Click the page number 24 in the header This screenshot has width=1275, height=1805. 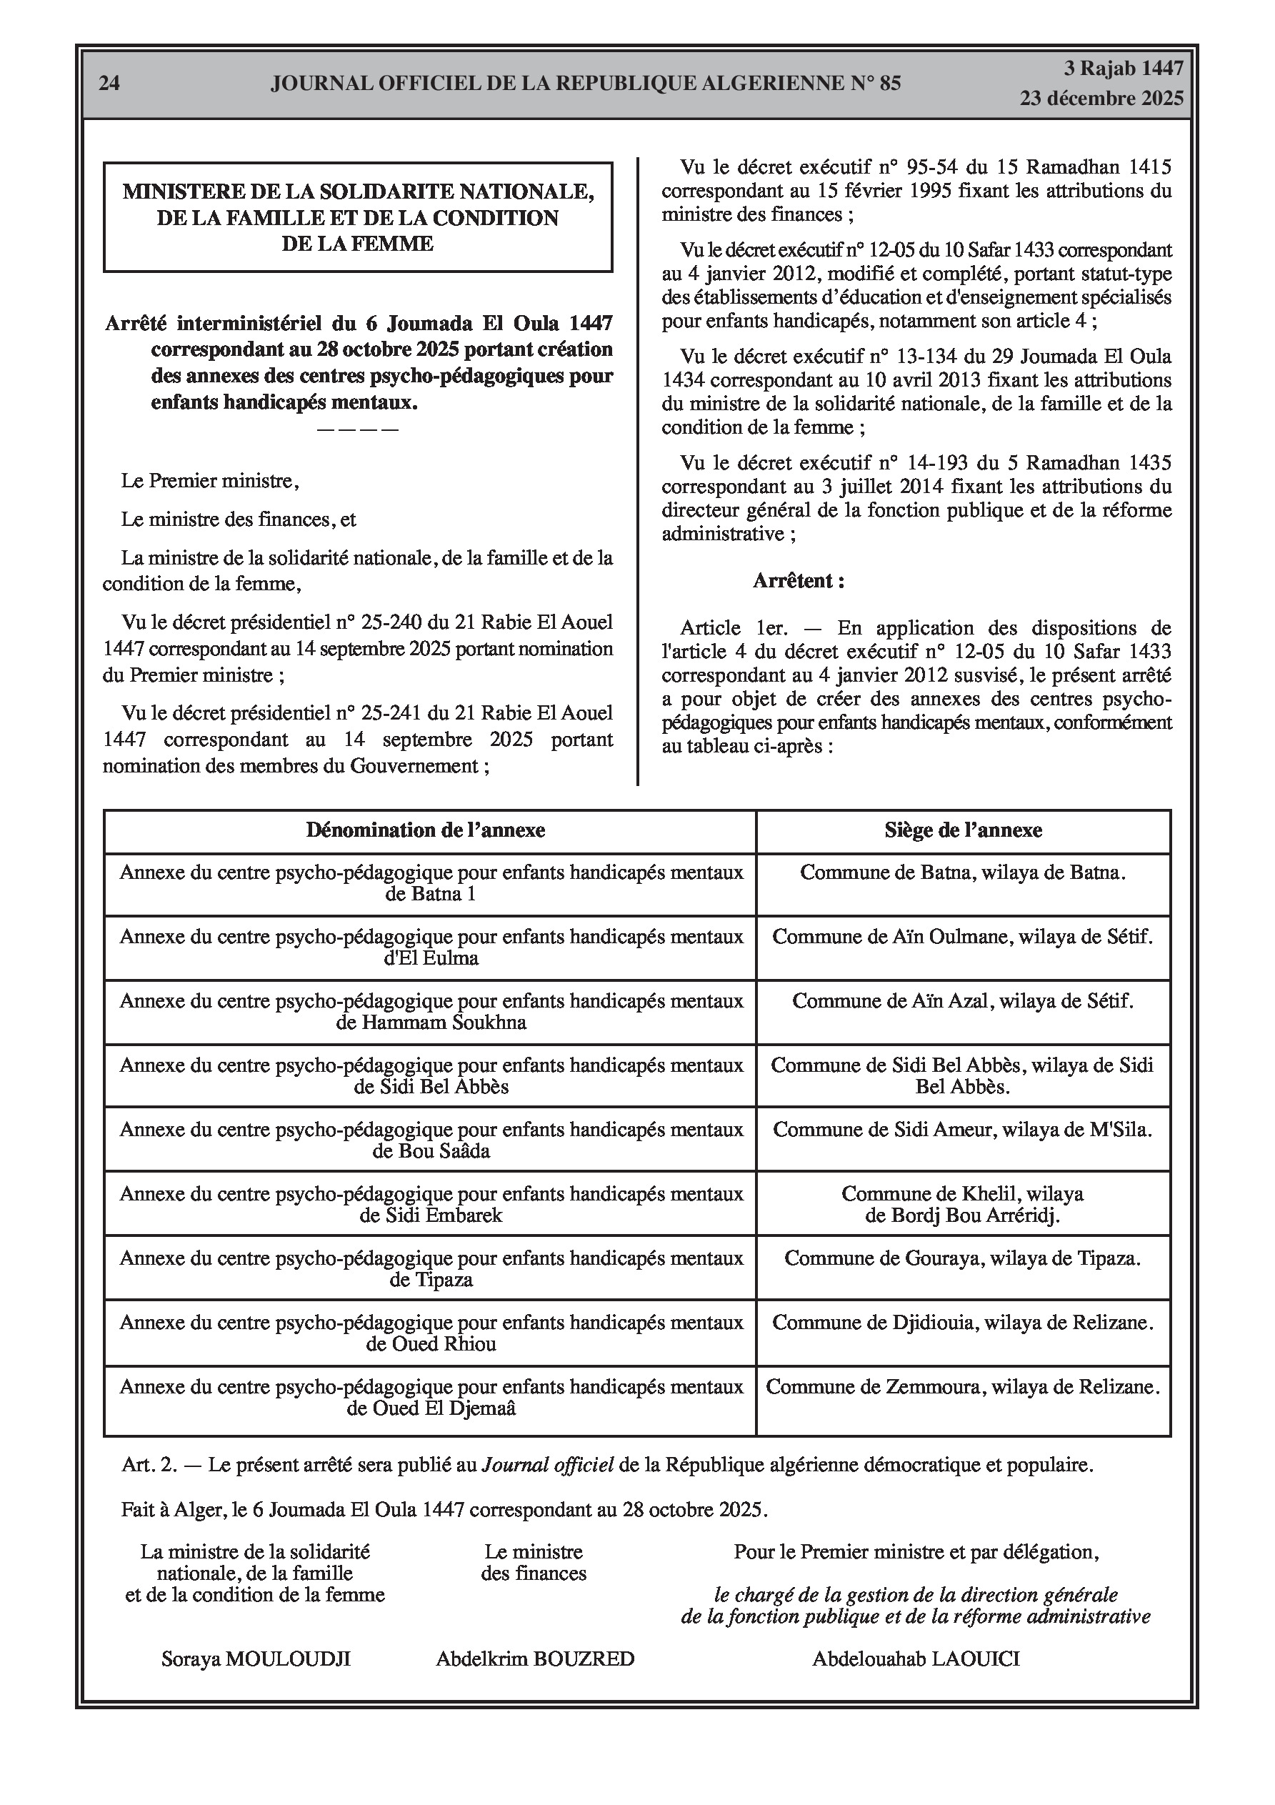tap(109, 84)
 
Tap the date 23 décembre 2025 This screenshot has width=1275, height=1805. tap(1101, 99)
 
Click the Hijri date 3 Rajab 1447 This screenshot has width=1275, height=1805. tap(1124, 69)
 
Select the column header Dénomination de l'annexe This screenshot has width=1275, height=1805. tap(425, 830)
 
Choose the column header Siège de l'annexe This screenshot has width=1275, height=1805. tap(963, 830)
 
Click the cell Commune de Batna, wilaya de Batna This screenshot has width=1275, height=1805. tap(963, 872)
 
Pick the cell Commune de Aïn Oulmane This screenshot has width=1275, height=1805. tap(963, 936)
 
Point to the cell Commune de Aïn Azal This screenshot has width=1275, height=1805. tap(963, 1001)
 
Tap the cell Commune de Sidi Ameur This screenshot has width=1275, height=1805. tap(963, 1130)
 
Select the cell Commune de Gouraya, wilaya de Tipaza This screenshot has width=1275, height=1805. tap(963, 1258)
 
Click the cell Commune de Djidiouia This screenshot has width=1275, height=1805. tap(963, 1323)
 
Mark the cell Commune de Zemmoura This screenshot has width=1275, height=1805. tap(963, 1388)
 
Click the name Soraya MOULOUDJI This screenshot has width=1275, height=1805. tap(256, 1659)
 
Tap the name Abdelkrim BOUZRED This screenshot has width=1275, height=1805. tap(534, 1659)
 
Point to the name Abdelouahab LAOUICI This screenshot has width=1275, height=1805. tap(916, 1659)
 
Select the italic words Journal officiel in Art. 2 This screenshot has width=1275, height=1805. tap(547, 1465)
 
